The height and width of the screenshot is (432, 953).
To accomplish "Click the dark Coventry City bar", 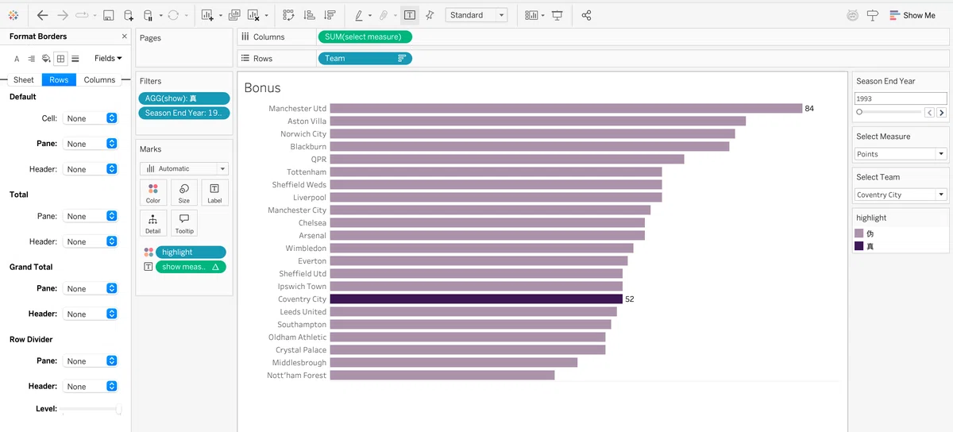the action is click(476, 299).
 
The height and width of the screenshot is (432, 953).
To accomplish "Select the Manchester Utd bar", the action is click(565, 109).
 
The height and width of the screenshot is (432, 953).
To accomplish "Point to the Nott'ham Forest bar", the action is click(442, 375).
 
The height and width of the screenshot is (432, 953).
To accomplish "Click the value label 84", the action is click(809, 109).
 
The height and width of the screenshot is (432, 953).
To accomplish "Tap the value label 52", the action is click(630, 299).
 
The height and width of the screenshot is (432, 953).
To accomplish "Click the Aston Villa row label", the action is click(307, 121).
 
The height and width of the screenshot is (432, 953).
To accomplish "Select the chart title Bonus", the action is click(263, 87).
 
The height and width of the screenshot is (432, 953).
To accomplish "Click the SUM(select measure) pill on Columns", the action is click(365, 37).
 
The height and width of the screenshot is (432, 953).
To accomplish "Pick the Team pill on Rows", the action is click(365, 58).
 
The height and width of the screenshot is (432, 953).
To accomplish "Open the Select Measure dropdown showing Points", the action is click(901, 154).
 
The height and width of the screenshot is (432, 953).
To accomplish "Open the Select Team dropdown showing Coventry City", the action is click(901, 195).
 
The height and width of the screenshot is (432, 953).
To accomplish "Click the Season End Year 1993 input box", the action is click(901, 98).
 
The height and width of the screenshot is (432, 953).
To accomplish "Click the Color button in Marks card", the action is click(153, 193).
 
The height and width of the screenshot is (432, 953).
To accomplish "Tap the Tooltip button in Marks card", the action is click(184, 223).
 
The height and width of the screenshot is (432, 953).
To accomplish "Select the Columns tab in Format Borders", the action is click(99, 79).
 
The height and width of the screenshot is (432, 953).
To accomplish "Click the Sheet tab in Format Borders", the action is click(23, 79).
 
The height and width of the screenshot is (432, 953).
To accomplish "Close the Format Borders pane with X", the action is click(124, 37).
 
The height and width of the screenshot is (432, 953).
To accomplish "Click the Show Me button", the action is click(912, 15).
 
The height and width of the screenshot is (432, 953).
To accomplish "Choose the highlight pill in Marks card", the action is click(191, 252).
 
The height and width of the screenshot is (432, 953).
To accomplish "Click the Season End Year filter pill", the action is click(183, 114).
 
